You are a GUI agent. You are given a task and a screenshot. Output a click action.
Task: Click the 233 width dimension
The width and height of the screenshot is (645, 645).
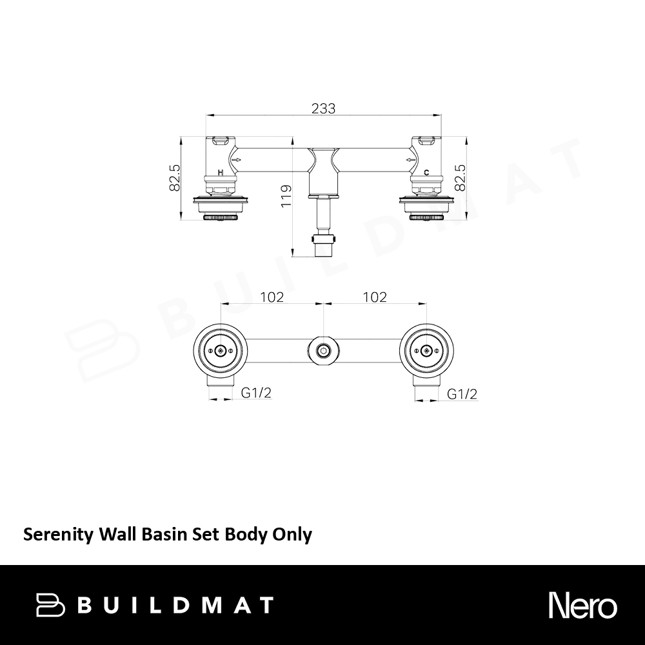(x=323, y=108)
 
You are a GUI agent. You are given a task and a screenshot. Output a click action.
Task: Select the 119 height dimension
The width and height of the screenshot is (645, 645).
(x=287, y=196)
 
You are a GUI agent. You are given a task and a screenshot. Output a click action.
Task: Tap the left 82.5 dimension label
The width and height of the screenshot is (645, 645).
(x=175, y=178)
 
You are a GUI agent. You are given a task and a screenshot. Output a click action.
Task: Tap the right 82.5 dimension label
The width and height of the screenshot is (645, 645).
(x=460, y=178)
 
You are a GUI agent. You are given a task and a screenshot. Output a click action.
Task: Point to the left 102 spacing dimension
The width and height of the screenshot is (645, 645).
(x=272, y=297)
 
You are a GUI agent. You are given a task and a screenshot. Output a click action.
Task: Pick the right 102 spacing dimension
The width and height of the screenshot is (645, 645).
(x=375, y=297)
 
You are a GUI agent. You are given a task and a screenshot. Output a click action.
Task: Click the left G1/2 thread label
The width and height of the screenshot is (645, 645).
(x=256, y=393)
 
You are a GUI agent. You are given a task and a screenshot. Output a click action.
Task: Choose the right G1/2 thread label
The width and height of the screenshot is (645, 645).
(x=462, y=394)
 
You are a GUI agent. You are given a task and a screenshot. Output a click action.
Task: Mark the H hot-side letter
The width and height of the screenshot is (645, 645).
(x=221, y=173)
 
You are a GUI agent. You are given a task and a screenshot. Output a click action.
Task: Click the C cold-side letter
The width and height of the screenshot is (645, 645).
(x=426, y=173)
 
